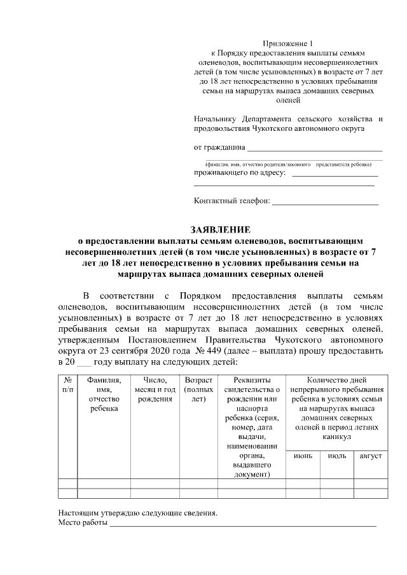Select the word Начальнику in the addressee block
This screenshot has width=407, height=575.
pos(216,118)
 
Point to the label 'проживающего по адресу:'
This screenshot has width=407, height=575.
pos(240,172)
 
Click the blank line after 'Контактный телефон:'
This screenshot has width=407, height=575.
pos(325,203)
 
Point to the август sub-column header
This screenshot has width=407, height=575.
pos(370,456)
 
